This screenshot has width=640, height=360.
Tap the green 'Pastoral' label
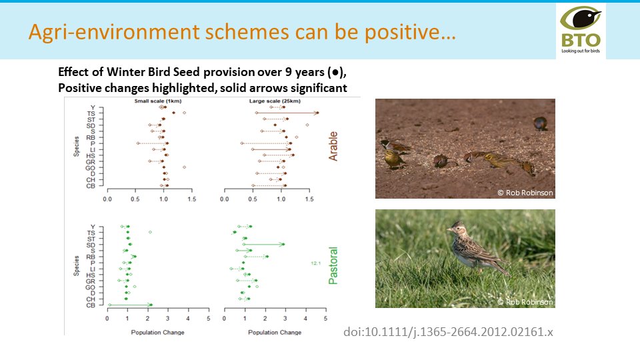point(333,265)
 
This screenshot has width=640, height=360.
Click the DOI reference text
point(448,331)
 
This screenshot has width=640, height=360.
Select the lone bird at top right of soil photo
point(540,123)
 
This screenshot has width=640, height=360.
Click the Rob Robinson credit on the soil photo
point(525,193)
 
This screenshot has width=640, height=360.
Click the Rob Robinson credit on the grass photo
point(525,302)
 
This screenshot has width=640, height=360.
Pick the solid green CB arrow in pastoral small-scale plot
point(130,305)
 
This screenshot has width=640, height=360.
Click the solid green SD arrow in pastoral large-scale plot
point(264,244)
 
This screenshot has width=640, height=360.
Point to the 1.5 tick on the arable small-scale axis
point(192,199)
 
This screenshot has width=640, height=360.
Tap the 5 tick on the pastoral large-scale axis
point(326,319)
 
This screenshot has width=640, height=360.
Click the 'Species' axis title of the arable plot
point(77,147)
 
